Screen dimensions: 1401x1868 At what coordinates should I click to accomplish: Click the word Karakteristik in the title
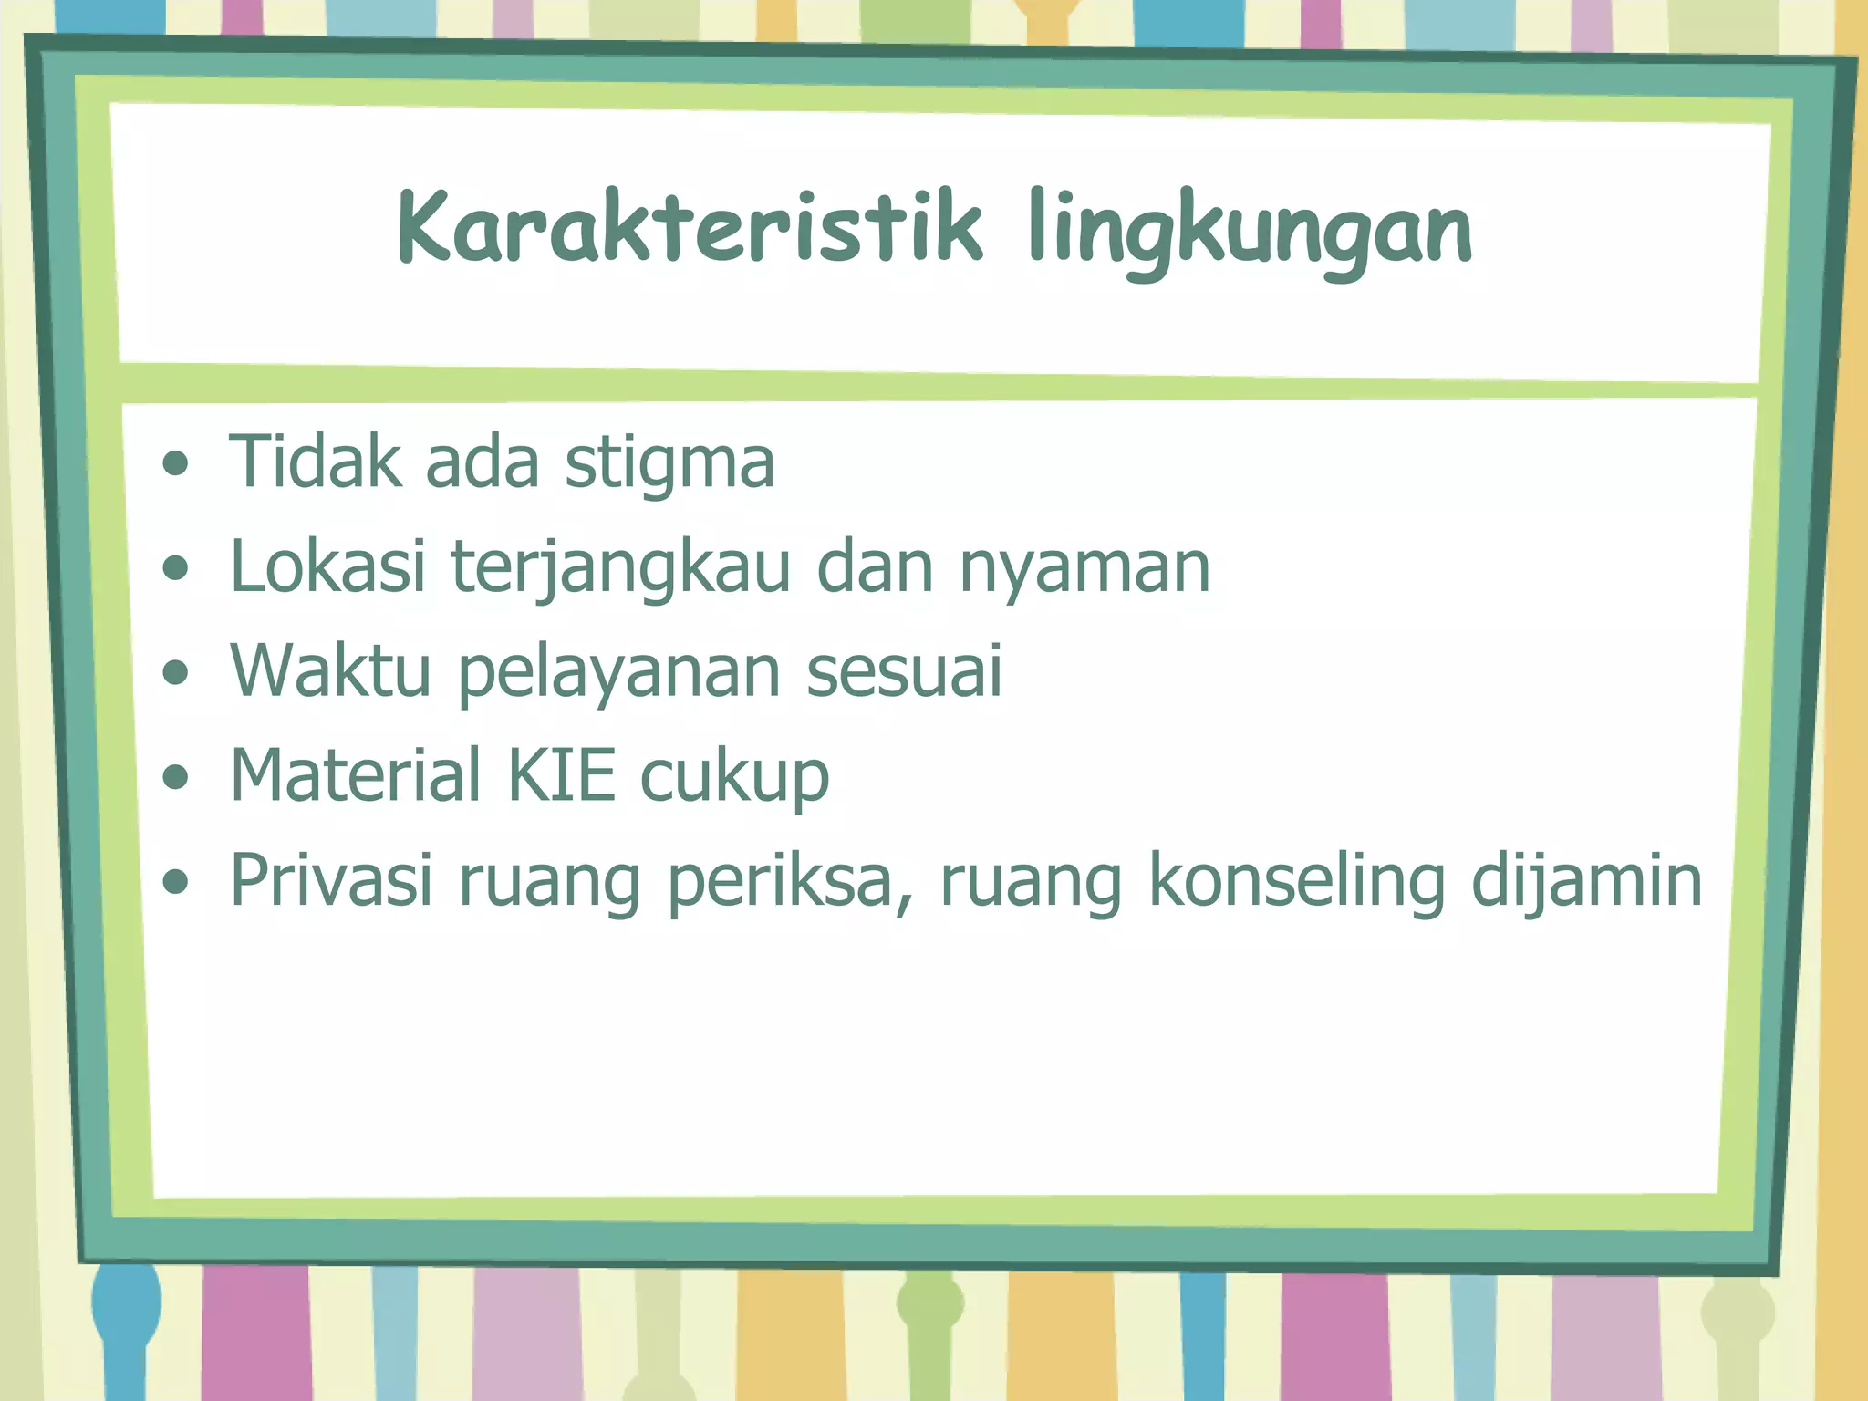tap(690, 228)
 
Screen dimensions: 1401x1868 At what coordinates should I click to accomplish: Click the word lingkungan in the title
tap(1249, 233)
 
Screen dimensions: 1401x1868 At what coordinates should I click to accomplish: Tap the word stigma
tap(669, 463)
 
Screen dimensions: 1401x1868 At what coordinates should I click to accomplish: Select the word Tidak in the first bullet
tap(315, 462)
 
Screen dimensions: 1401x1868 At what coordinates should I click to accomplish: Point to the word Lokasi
tap(327, 566)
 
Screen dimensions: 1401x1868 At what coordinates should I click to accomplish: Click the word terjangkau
tap(620, 570)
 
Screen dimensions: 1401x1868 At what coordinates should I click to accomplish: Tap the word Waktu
tap(330, 671)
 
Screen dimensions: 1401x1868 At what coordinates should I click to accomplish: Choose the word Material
tap(356, 775)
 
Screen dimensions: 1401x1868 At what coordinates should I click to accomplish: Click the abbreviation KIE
tap(561, 775)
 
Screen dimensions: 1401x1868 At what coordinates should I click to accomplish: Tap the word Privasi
tap(331, 880)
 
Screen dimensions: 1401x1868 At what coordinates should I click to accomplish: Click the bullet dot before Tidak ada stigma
tap(175, 464)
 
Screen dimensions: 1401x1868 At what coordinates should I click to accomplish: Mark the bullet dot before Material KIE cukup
tap(175, 777)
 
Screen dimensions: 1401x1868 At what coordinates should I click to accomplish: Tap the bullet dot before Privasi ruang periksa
tap(175, 882)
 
